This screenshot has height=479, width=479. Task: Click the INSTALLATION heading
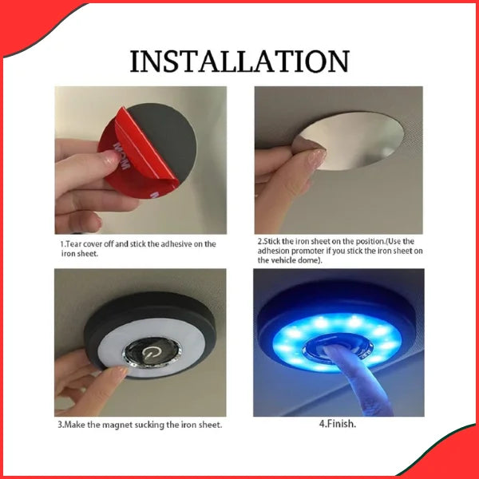[x=239, y=61]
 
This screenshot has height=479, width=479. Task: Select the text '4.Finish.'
[x=338, y=424]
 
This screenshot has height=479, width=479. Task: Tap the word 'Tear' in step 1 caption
[x=73, y=244]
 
